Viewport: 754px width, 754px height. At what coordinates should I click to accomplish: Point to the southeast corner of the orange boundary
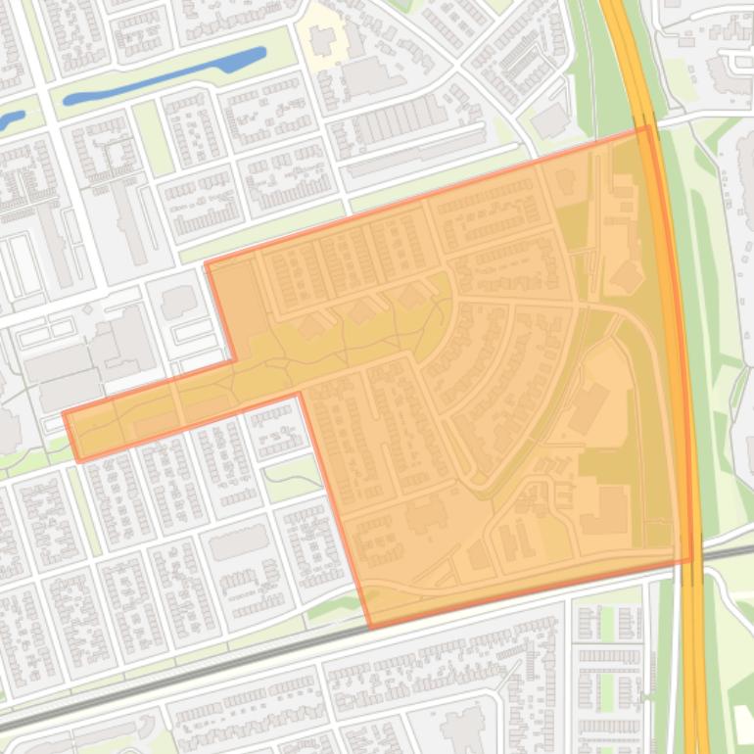pos(691,561)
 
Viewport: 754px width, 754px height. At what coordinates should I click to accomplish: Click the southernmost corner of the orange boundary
pos(370,627)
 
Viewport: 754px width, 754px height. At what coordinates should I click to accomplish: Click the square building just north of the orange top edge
pos(549,120)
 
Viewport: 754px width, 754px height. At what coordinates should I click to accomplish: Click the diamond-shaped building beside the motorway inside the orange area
pos(627,276)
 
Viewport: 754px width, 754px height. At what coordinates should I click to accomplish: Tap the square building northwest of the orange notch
pos(178,302)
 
